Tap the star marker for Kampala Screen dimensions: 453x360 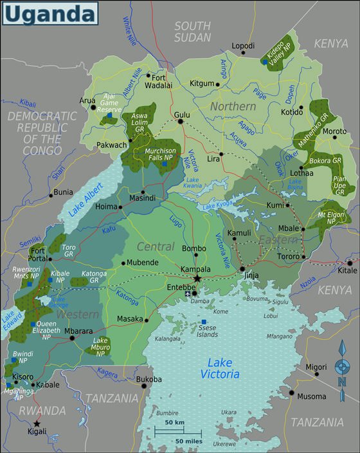tap(197, 278)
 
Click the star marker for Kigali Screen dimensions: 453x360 tap(37, 423)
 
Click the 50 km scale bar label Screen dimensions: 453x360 tap(174, 423)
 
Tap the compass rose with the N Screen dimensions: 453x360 tap(342, 368)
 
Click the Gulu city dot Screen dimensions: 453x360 tap(181, 121)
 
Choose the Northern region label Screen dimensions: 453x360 tap(233, 106)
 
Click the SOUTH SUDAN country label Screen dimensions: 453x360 tap(192, 32)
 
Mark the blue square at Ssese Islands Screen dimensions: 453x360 tap(204, 322)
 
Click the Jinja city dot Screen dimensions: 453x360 tap(242, 269)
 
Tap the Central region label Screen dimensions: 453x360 tap(156, 246)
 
